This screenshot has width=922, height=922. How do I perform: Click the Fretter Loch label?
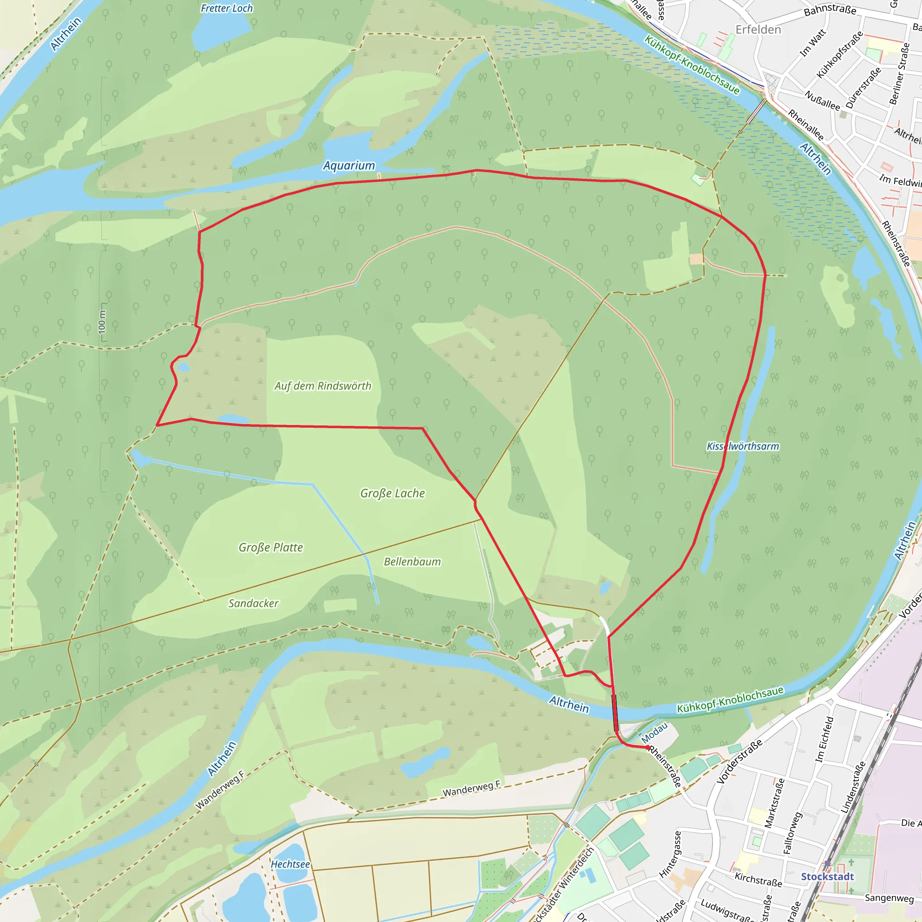[227, 8]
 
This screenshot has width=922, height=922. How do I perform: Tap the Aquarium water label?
[349, 166]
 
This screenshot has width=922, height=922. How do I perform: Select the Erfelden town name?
[758, 30]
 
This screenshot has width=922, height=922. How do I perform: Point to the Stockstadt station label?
[827, 876]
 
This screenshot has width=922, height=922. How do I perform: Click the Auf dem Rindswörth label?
[323, 386]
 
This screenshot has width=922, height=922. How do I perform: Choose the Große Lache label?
[392, 493]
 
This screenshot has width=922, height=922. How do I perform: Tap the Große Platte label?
[271, 547]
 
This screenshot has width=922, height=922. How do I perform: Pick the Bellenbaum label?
[412, 561]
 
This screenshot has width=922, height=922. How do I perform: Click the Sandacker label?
[253, 603]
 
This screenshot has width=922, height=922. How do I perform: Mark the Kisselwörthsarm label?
[742, 446]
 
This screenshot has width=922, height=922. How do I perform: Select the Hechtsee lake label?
[290, 864]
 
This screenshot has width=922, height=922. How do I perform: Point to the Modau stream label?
[654, 732]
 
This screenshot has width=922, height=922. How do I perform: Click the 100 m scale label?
[102, 322]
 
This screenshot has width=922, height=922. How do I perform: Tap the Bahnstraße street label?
[830, 10]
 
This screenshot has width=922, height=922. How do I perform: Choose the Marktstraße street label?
[774, 803]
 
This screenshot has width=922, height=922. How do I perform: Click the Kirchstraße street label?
[758, 880]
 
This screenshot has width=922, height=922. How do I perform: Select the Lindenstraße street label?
[853, 787]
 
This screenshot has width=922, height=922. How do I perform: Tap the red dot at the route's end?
[647, 747]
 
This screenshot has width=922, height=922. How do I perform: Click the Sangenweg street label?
[889, 898]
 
